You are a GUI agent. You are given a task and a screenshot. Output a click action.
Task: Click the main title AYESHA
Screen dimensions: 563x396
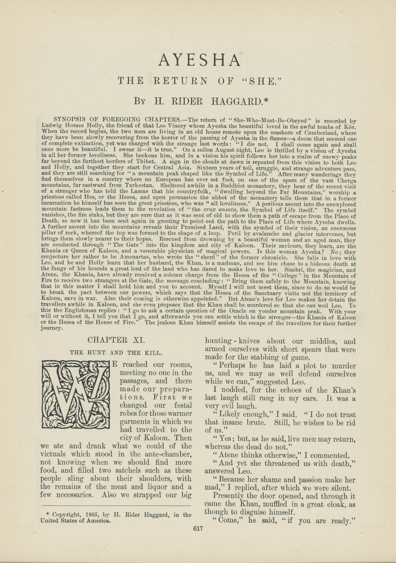(200, 60)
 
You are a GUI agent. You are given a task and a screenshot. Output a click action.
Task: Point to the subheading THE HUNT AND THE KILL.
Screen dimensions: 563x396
(116, 352)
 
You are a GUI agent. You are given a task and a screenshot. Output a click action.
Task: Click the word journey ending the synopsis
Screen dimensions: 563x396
(52, 328)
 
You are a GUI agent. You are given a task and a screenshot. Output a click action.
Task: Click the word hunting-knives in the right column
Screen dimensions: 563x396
(232, 341)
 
